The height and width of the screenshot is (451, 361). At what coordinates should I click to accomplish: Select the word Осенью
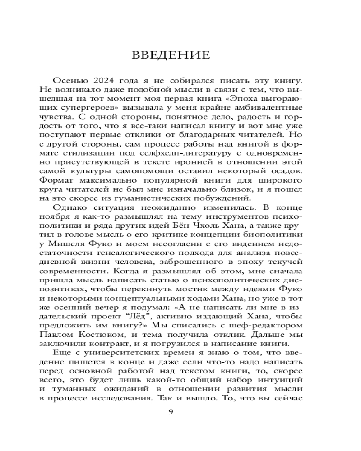[69, 80]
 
